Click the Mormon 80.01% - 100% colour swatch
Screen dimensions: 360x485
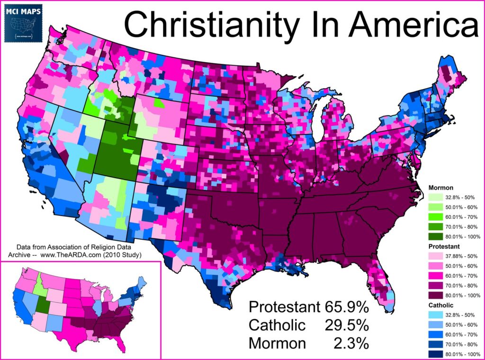tap(437, 236)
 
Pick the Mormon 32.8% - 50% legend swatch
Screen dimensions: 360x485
tap(437, 197)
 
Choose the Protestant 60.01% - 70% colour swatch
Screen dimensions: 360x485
tap(437, 276)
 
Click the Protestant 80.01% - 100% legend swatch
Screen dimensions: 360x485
tap(437, 295)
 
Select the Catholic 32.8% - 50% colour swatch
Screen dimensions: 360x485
tap(437, 315)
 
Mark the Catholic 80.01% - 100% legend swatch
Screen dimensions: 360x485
tap(437, 353)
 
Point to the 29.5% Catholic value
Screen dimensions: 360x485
tap(346, 325)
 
